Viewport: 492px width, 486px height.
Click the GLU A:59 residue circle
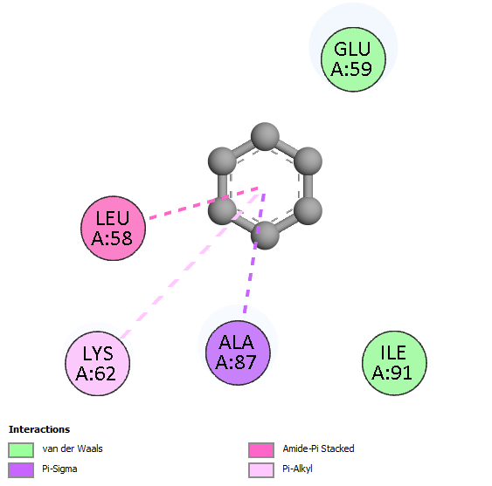(353, 59)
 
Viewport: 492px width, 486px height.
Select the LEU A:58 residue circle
(114, 228)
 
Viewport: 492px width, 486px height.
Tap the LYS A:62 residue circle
(98, 364)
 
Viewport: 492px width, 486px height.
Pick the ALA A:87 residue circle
(238, 353)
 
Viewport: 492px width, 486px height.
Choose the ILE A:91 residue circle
(394, 363)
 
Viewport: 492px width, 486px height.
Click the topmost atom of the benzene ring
(265, 136)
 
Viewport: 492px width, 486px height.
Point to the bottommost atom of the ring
(265, 236)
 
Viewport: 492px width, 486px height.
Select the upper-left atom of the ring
(222, 161)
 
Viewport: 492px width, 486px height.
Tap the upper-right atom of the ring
(308, 161)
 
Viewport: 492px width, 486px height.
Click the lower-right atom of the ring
(308, 210)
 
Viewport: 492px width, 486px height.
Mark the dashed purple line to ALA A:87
(254, 253)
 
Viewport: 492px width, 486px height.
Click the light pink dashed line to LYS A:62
(190, 266)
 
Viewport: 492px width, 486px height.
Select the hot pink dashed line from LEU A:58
(204, 202)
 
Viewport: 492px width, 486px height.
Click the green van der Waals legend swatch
(21, 450)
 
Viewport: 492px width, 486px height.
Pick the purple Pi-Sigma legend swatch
(21, 470)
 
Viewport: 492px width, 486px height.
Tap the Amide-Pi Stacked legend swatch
(261, 450)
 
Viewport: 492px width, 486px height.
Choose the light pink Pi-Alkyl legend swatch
(261, 470)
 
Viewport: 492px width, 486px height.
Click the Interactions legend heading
(39, 429)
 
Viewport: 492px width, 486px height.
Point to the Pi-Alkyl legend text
(297, 469)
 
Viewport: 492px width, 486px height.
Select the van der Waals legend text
(73, 448)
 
